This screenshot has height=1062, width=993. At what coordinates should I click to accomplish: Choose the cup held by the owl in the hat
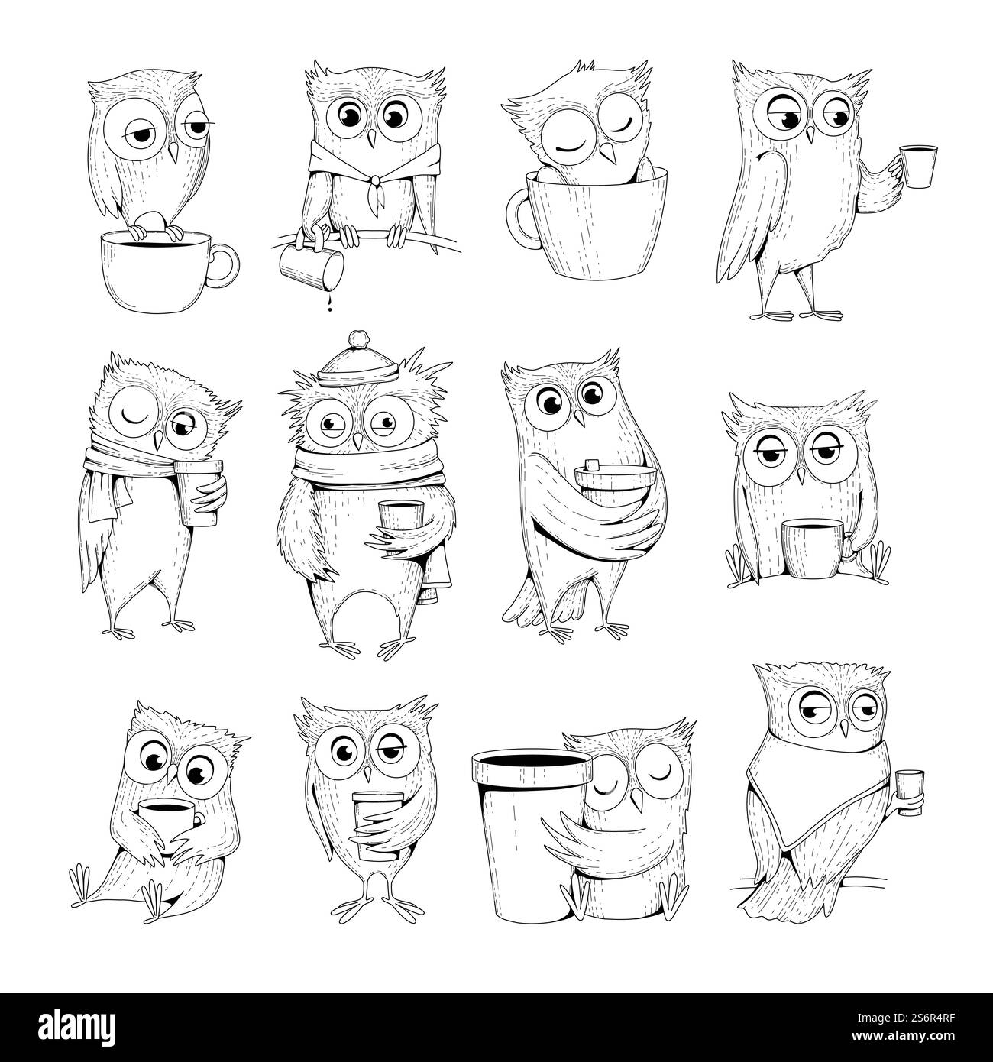click(x=393, y=525)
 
